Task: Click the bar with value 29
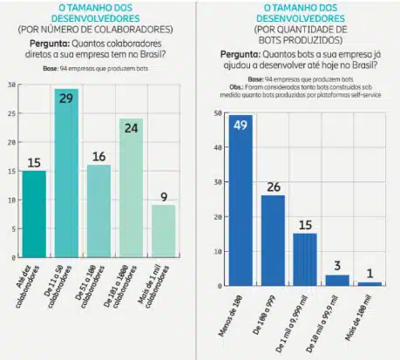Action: click(66, 174)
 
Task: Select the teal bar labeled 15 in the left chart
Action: click(33, 214)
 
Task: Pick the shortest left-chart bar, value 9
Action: click(163, 231)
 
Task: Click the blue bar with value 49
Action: click(241, 200)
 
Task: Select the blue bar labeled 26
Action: click(273, 241)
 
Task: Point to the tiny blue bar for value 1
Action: click(369, 283)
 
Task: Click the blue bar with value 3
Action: click(336, 280)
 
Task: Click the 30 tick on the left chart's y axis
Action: click(10, 85)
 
